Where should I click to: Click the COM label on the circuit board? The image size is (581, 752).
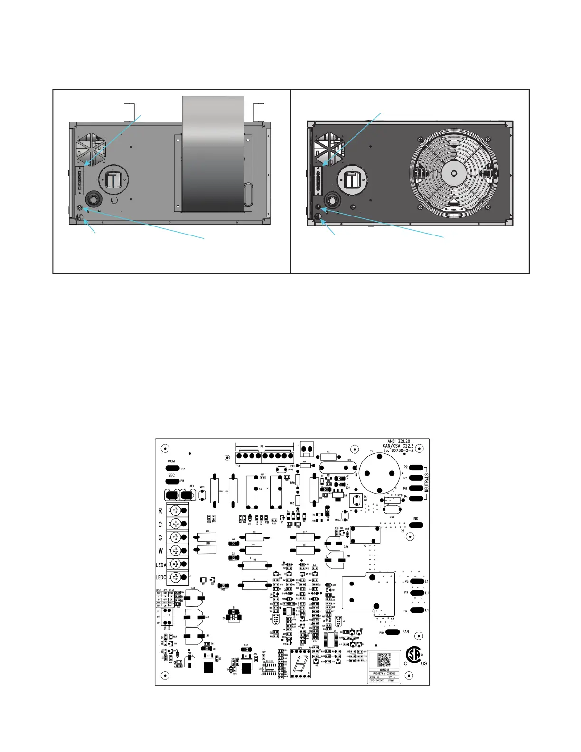point(171,461)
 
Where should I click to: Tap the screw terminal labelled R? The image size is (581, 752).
point(176,511)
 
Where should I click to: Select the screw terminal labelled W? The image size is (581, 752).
point(176,551)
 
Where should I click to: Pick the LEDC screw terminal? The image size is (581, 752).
point(176,577)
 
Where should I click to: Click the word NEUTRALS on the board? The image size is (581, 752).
point(426,482)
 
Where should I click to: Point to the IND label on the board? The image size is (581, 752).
point(415,519)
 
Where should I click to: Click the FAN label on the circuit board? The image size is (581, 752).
point(405,632)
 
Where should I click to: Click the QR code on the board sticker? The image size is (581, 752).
point(384,660)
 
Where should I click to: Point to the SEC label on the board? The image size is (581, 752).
point(171,475)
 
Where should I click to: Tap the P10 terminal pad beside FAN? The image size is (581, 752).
point(393,632)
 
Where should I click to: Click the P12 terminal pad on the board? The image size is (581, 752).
point(417,611)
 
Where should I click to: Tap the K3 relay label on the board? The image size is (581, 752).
point(392,619)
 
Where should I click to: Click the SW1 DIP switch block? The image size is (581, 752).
point(167,617)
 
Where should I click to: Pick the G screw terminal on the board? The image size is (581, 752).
point(176,537)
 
